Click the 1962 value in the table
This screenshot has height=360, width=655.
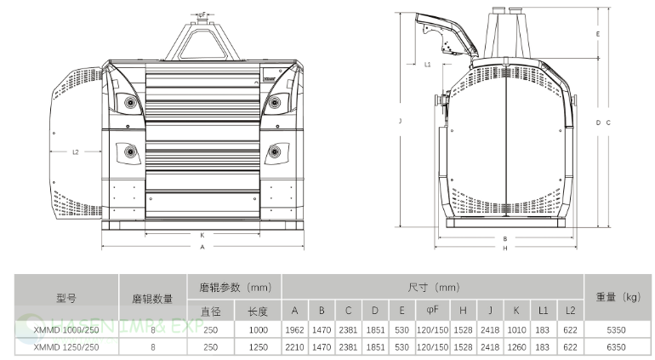coord(294,330)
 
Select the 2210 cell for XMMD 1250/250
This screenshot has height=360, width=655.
coord(294,347)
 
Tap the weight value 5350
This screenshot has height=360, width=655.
coord(618,330)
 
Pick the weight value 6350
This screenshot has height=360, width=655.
coord(618,347)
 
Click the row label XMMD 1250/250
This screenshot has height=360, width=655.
coord(65,347)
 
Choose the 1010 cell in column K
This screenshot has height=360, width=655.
coord(515,330)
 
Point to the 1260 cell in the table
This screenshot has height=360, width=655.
coord(515,347)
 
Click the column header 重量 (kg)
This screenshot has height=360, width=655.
coord(618,297)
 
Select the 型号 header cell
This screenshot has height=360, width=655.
coord(65,298)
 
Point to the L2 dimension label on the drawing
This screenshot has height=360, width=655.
coord(75,152)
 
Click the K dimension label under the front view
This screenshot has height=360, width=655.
coord(202,234)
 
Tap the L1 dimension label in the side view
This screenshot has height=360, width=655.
coord(427,64)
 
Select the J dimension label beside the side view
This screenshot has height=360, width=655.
coord(399,122)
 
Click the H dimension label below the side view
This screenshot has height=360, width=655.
coord(504,249)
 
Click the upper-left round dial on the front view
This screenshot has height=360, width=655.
coord(130,103)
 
